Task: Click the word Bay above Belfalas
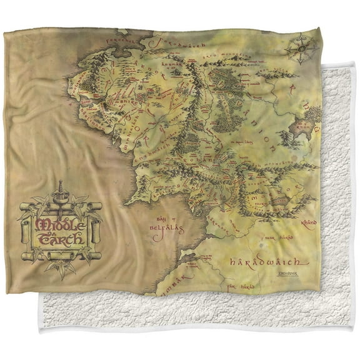point(161,218)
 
